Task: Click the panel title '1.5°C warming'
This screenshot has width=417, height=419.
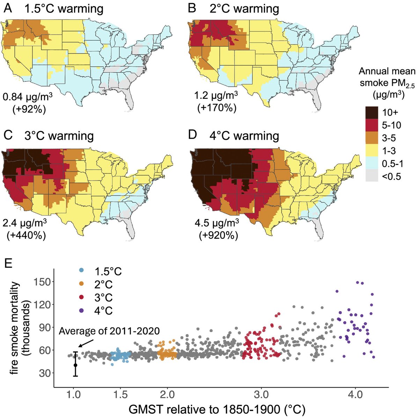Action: pyautogui.click(x=64, y=8)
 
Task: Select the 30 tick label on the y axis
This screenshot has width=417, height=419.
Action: pyautogui.click(x=44, y=373)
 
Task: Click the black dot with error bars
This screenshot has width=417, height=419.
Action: pyautogui.click(x=75, y=365)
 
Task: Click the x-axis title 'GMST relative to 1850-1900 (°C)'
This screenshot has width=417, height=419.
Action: pyautogui.click(x=221, y=409)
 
